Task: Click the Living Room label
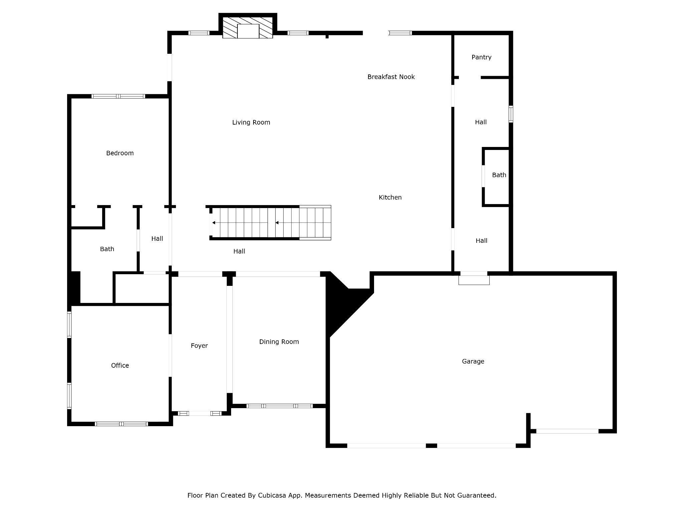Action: pyautogui.click(x=251, y=123)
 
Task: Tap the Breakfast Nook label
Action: pyautogui.click(x=391, y=77)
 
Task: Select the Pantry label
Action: pyautogui.click(x=482, y=57)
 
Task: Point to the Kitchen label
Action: pyautogui.click(x=390, y=197)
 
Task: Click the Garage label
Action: pyautogui.click(x=473, y=361)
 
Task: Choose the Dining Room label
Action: pyautogui.click(x=279, y=342)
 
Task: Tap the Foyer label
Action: pyautogui.click(x=199, y=346)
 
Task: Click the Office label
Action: pyautogui.click(x=120, y=366)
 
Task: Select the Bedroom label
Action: pyautogui.click(x=120, y=153)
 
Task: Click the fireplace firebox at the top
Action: pyautogui.click(x=248, y=31)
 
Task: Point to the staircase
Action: pyautogui.click(x=271, y=223)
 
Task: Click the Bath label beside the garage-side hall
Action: pyautogui.click(x=499, y=175)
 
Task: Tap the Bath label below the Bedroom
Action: pyautogui.click(x=107, y=249)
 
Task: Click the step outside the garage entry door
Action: pyautogui.click(x=474, y=280)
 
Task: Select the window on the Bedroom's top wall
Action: pyautogui.click(x=118, y=97)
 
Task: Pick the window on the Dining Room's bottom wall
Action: pyautogui.click(x=280, y=406)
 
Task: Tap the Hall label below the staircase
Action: pyautogui.click(x=239, y=251)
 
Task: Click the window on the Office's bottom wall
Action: pyautogui.click(x=121, y=424)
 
